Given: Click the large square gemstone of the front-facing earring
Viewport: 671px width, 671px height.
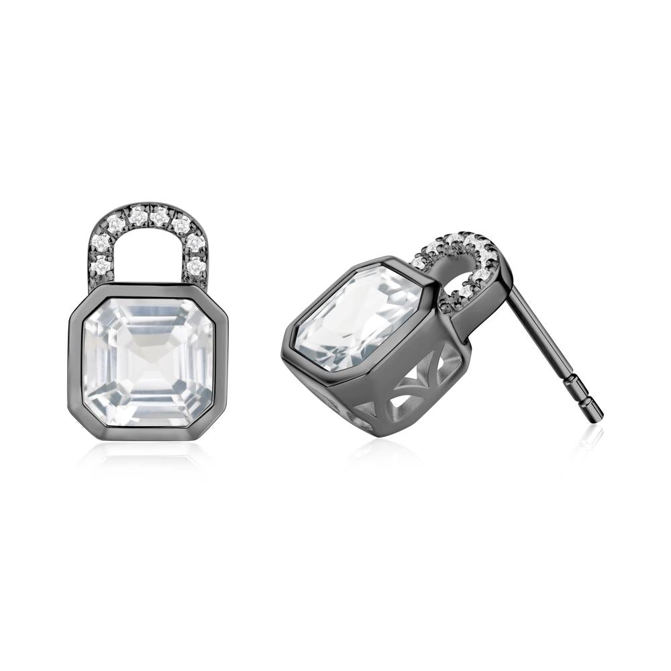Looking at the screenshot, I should pyautogui.click(x=148, y=362).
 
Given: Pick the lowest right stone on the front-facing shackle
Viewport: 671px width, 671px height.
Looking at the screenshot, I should pyautogui.click(x=195, y=266).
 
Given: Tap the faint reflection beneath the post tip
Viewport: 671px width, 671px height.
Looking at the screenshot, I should pyautogui.click(x=590, y=440).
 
